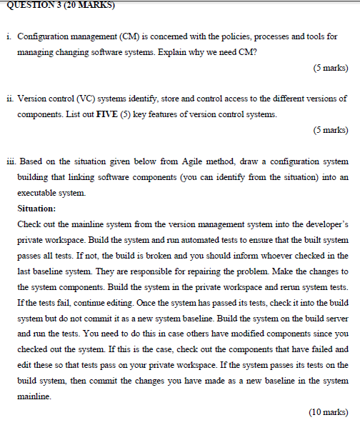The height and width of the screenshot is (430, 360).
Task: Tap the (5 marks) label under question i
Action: click(x=330, y=69)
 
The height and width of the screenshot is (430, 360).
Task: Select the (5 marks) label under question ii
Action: click(x=330, y=131)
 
